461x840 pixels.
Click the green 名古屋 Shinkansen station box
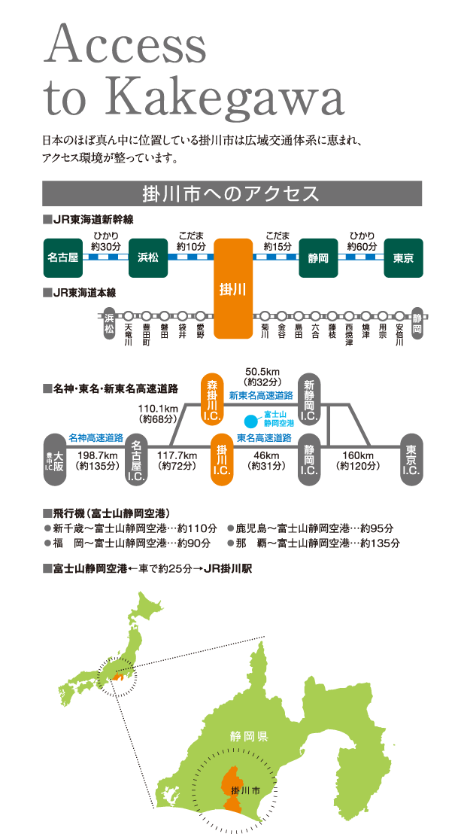[x=62, y=257]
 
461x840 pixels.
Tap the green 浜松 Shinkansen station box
[x=148, y=257]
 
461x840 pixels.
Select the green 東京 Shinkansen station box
[x=404, y=257]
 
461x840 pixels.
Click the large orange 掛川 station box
[x=233, y=289]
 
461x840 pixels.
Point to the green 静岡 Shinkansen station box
[x=319, y=257]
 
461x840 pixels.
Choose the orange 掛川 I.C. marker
[x=221, y=459]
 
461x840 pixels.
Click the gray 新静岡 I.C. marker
[x=309, y=399]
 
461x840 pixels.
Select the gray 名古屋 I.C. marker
[x=137, y=459]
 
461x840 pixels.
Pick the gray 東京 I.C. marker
[x=411, y=459]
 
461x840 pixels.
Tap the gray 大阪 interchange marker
[x=54, y=459]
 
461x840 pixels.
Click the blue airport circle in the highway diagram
[x=250, y=419]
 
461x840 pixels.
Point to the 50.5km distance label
[x=262, y=372]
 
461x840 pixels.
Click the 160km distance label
[x=358, y=456]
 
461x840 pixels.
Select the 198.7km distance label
[x=97, y=456]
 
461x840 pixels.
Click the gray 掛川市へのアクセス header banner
[x=232, y=193]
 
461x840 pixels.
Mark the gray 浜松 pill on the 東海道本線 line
[x=109, y=323]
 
